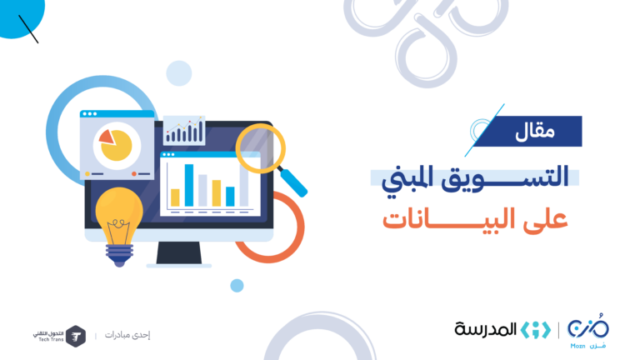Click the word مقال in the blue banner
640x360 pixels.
click(x=535, y=132)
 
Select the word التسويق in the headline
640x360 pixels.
click(x=505, y=178)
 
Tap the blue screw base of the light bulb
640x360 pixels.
click(x=120, y=255)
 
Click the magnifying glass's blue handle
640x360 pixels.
click(x=292, y=182)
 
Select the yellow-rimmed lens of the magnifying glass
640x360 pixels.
click(x=260, y=148)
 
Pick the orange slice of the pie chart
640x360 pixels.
click(x=107, y=137)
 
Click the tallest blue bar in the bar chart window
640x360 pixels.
click(x=189, y=185)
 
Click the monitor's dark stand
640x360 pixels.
click(x=179, y=253)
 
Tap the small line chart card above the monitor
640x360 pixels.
click(x=184, y=130)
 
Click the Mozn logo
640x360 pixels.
click(x=587, y=331)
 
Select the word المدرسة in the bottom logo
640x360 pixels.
click(x=486, y=329)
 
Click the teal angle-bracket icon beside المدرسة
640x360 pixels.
click(x=536, y=330)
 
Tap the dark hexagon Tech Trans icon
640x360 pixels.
click(x=76, y=337)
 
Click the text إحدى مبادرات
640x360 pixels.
click(x=127, y=335)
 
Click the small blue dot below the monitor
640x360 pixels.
click(x=237, y=286)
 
